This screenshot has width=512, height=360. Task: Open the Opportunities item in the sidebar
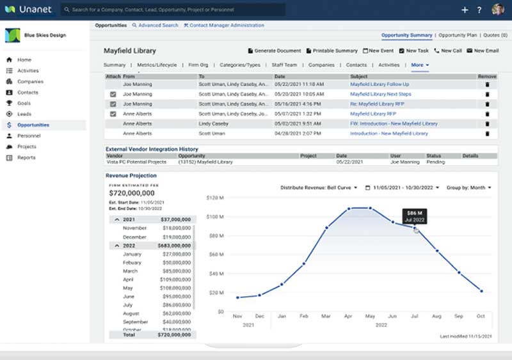[x=33, y=125]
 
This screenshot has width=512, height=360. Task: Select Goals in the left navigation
[x=24, y=103]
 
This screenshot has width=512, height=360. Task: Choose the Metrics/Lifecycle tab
[x=156, y=65]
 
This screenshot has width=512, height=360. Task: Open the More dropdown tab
[x=420, y=65]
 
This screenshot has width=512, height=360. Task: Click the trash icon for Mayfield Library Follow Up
[x=487, y=84]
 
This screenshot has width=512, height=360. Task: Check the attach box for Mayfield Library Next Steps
[x=113, y=94]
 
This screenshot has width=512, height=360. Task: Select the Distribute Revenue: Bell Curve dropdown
[x=320, y=188]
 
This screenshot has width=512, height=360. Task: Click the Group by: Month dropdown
[x=469, y=188]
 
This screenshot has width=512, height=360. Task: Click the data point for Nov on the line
[x=237, y=297]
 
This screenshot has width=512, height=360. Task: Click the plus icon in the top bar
[x=465, y=10]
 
